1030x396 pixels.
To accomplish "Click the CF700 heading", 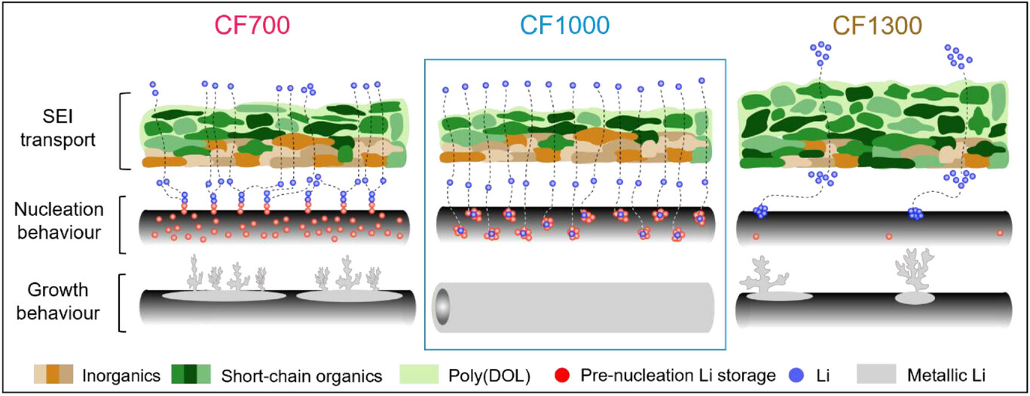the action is click(x=252, y=25).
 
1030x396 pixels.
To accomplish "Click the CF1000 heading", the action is click(x=565, y=25).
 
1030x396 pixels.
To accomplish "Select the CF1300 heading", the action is click(x=877, y=25).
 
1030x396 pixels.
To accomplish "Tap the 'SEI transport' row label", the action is click(x=58, y=128).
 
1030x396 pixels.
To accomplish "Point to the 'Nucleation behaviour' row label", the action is click(x=59, y=221).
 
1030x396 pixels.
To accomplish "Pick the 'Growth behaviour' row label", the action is click(x=58, y=301).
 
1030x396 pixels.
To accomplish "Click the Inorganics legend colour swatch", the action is click(x=53, y=374).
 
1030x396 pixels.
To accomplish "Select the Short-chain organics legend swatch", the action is click(x=191, y=374).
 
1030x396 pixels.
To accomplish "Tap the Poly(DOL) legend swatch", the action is click(x=419, y=374).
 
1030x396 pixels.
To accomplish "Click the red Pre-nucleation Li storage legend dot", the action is click(x=562, y=375).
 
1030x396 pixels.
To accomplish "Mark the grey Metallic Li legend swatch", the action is click(x=876, y=374).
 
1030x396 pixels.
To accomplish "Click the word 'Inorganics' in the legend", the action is click(x=121, y=376).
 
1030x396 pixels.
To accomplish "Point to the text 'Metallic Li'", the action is click(x=946, y=376).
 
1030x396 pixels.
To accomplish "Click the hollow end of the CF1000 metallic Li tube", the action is click(x=442, y=307).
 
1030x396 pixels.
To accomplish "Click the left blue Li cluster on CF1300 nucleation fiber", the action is click(x=760, y=212).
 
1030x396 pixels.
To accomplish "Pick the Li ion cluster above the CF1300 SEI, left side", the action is click(x=821, y=53).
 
